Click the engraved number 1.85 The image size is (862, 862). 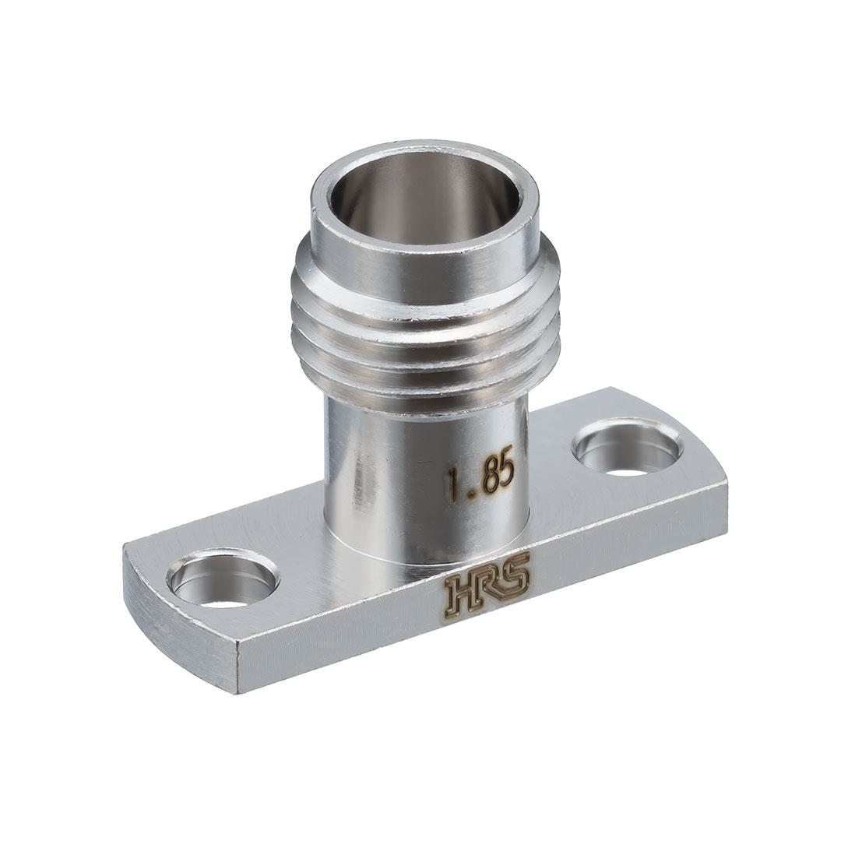click(481, 481)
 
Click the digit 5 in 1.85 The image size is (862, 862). click(506, 474)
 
